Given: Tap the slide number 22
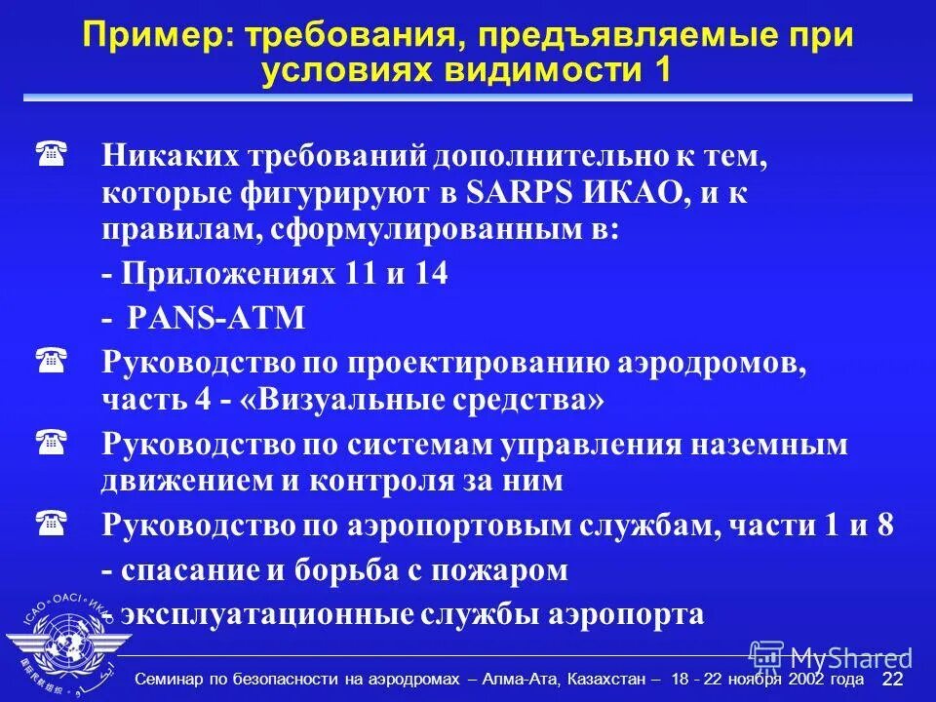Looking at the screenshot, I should point(892,680).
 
